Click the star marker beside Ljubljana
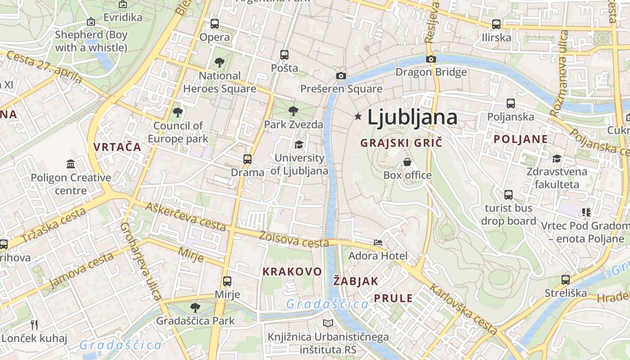(x=358, y=117)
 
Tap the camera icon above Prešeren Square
(x=341, y=76)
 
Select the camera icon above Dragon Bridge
(x=431, y=59)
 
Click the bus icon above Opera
(x=215, y=23)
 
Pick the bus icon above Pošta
(x=284, y=55)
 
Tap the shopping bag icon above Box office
(x=407, y=162)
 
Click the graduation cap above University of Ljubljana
(x=299, y=144)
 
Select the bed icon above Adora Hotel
(x=378, y=243)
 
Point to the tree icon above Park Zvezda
(x=293, y=111)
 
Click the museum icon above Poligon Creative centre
(x=71, y=164)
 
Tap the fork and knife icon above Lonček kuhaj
(x=34, y=324)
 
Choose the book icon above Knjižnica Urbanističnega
(x=328, y=323)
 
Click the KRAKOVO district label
(x=292, y=271)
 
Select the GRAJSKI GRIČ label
(x=402, y=143)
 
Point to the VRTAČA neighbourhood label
(x=117, y=147)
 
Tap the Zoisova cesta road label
(x=294, y=239)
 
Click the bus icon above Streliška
(x=566, y=279)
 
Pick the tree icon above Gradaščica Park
(x=195, y=308)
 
